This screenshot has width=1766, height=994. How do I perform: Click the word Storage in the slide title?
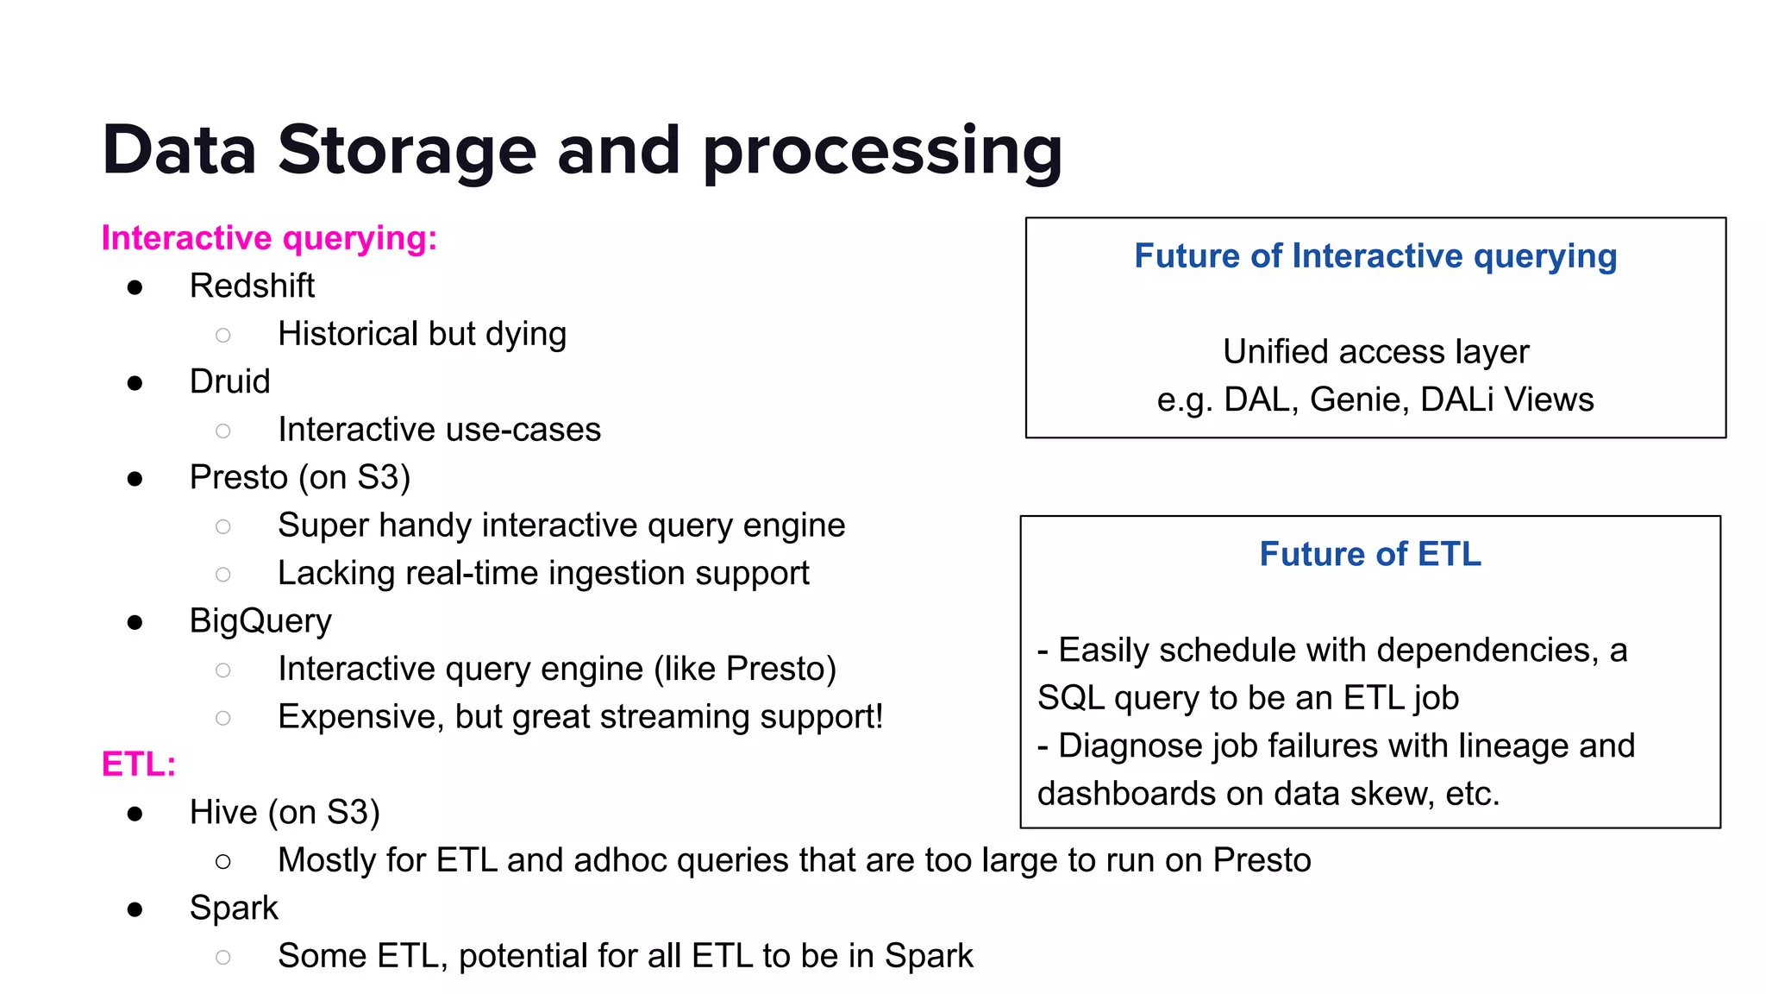406,150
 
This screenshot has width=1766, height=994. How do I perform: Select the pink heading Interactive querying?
269,238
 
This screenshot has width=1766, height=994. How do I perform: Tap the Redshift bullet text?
252,286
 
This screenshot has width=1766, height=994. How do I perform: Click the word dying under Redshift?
526,334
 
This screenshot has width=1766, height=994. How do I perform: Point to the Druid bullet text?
229,381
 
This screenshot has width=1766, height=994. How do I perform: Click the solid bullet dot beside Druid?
135,383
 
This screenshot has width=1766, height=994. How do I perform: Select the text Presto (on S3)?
299,477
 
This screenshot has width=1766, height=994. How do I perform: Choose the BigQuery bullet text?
260,621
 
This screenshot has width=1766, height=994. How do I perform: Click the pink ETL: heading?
138,764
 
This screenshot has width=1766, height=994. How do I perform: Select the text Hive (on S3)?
285,813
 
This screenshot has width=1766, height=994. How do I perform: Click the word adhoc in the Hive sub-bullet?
620,860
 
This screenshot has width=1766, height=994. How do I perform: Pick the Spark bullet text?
234,908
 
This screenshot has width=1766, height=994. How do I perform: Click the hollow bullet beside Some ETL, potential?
223,957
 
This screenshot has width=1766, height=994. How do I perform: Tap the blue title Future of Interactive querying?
1375,256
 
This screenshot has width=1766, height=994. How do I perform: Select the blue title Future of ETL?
1370,554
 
